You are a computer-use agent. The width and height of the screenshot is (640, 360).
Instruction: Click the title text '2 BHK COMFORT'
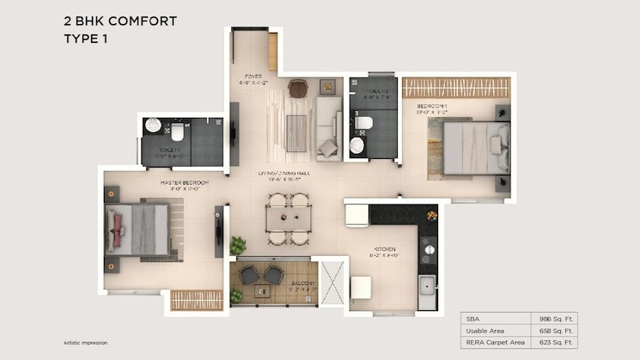pyautogui.click(x=119, y=21)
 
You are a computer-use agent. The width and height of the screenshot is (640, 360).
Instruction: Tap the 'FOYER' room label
pyautogui.click(x=253, y=76)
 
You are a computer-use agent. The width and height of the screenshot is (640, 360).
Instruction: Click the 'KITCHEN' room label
pyautogui.click(x=383, y=249)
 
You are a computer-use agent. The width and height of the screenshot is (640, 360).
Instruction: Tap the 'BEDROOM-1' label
pyautogui.click(x=434, y=104)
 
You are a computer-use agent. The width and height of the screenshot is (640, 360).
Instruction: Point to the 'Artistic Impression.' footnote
pyautogui.click(x=86, y=342)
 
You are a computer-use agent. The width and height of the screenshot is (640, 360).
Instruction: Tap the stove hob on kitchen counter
pyautogui.click(x=426, y=250)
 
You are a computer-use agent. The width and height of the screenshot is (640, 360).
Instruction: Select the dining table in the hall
pyautogui.click(x=287, y=220)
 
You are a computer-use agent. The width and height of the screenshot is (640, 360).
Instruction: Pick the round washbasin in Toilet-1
pyautogui.click(x=153, y=126)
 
